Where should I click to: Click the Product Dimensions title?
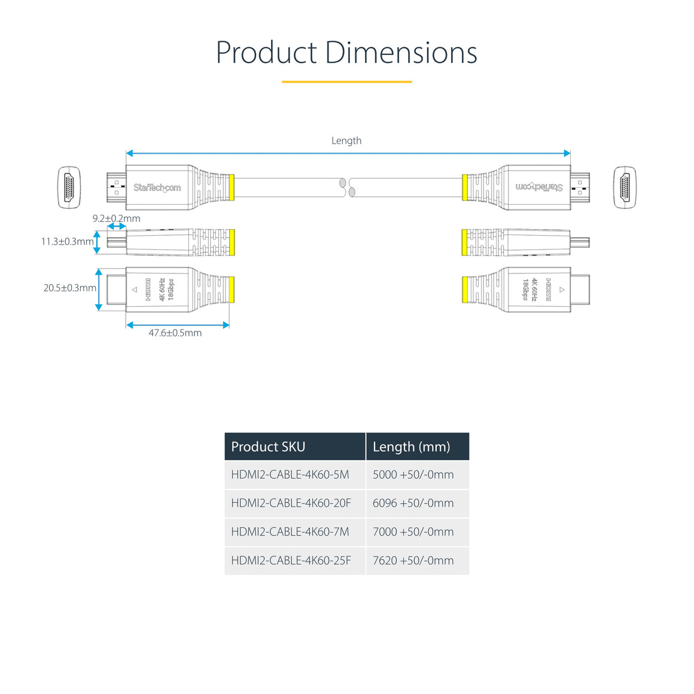[x=346, y=53]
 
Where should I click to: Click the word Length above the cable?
[x=346, y=141]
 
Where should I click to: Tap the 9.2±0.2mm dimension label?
[x=116, y=218]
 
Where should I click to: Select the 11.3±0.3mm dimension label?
[x=67, y=242]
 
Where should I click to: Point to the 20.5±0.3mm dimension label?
[x=69, y=288]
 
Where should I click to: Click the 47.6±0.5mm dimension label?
[x=175, y=333]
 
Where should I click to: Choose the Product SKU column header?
[x=268, y=446]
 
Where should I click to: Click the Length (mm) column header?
[x=411, y=446]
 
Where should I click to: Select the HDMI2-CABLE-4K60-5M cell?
[x=290, y=474]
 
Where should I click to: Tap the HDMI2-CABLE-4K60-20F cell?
[x=291, y=503]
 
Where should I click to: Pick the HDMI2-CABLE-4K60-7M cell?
[x=290, y=532]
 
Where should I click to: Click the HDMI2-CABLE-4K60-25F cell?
[x=291, y=561]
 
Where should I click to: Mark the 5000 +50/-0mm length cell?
[x=413, y=474]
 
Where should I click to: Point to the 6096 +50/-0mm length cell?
[x=413, y=503]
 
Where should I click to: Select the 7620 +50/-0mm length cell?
[x=413, y=561]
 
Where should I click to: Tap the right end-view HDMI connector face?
[x=625, y=187]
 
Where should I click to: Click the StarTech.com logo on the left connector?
[x=157, y=188]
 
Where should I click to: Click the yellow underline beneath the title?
[x=346, y=81]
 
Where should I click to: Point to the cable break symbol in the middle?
[x=347, y=187]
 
